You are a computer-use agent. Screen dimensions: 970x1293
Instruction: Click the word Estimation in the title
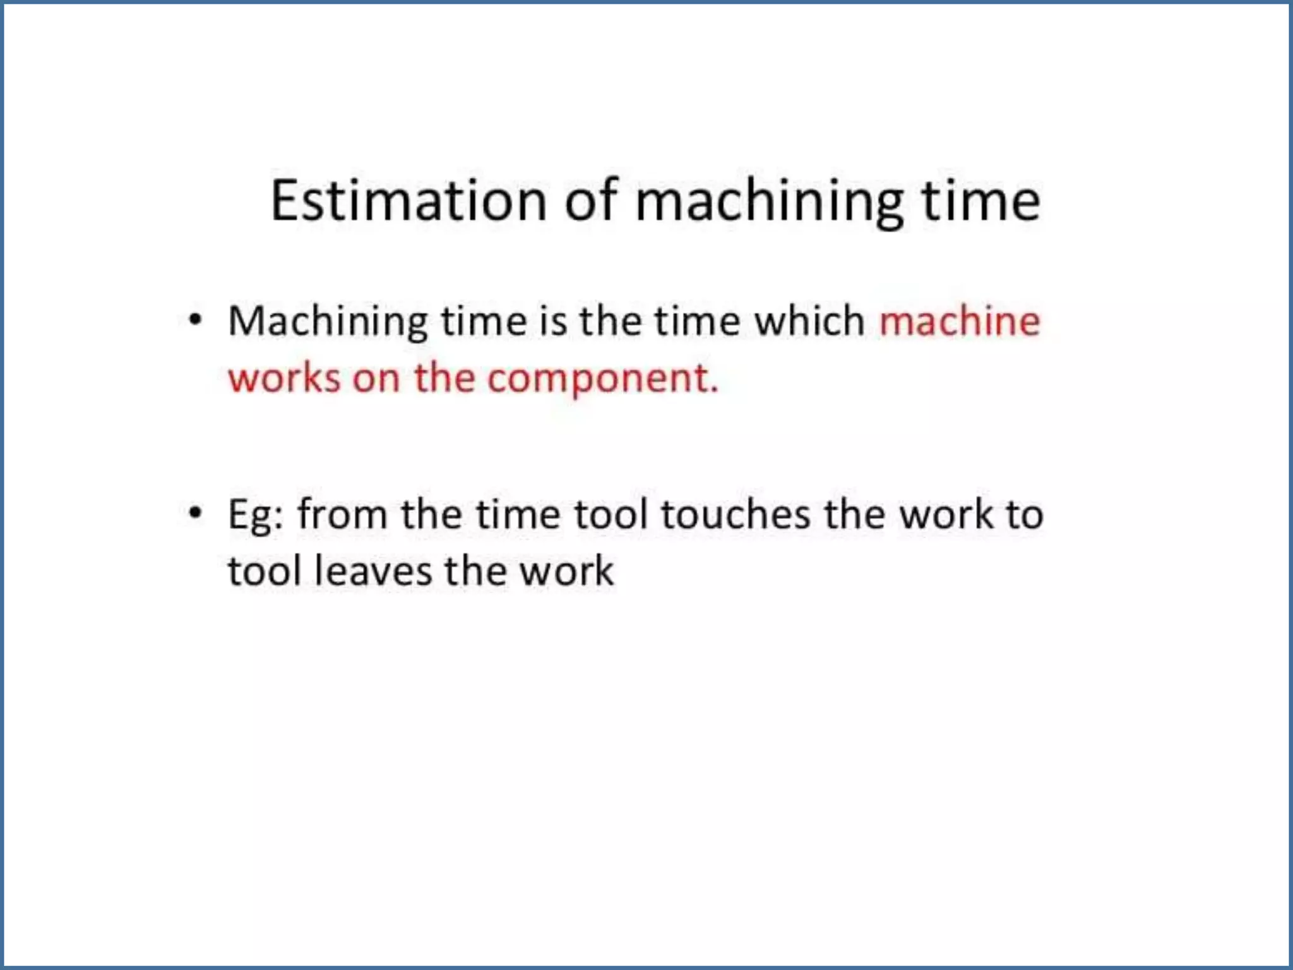click(x=408, y=201)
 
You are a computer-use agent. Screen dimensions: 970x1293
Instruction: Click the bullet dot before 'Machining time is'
click(x=196, y=320)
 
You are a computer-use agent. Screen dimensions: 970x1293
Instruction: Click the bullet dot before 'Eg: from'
click(x=196, y=513)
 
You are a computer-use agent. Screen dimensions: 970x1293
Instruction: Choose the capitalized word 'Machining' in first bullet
click(x=328, y=322)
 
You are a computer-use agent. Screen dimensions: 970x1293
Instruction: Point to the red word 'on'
click(x=376, y=380)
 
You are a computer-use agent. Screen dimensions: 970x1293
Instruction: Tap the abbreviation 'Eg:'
click(x=256, y=515)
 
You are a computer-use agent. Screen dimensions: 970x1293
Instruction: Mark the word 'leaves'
click(x=372, y=571)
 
